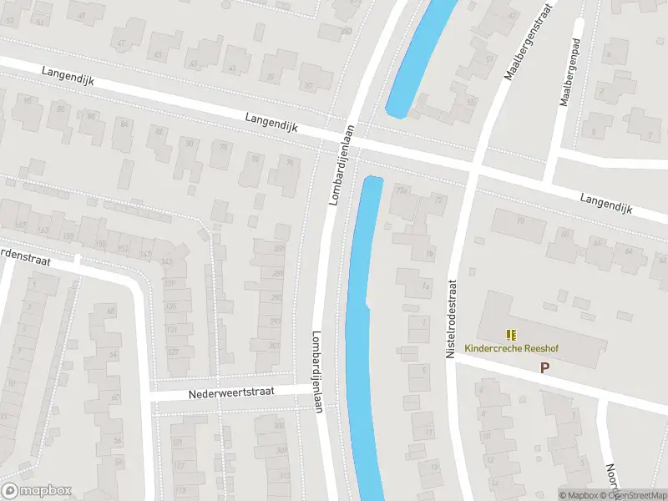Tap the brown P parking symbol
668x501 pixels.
[545, 367]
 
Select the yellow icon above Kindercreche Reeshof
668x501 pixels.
[511, 335]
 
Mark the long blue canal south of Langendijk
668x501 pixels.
[361, 334]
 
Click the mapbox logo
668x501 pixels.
[36, 491]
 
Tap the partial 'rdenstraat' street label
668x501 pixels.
[25, 256]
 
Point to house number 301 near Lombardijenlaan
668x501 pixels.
[275, 346]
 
